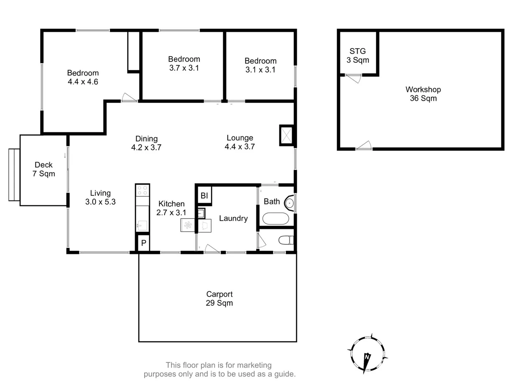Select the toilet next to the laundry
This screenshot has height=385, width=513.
pyautogui.click(x=285, y=240)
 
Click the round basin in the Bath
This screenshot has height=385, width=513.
pyautogui.click(x=289, y=204)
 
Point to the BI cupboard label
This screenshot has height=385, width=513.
pyautogui.click(x=204, y=196)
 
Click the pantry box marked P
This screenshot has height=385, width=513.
pyautogui.click(x=144, y=243)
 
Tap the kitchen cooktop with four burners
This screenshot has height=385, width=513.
pyautogui.click(x=142, y=190)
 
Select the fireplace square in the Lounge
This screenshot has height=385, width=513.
pyautogui.click(x=286, y=135)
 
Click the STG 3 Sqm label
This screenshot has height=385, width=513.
pyautogui.click(x=358, y=56)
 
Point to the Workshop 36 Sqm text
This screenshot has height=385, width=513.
pyautogui.click(x=423, y=94)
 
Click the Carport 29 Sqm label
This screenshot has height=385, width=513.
pyautogui.click(x=219, y=299)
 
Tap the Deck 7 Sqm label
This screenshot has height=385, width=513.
pyautogui.click(x=44, y=169)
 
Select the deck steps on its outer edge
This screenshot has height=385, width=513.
pyautogui.click(x=14, y=175)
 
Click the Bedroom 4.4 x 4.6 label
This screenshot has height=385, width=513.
pyautogui.click(x=83, y=77)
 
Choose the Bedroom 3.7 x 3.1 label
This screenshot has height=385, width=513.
pyautogui.click(x=184, y=63)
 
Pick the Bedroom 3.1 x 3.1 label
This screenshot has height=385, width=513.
pyautogui.click(x=260, y=65)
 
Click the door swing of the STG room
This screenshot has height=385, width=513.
pyautogui.click(x=354, y=78)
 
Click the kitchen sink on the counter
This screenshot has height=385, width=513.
pyautogui.click(x=142, y=225)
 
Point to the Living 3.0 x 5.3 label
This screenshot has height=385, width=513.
pyautogui.click(x=100, y=197)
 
